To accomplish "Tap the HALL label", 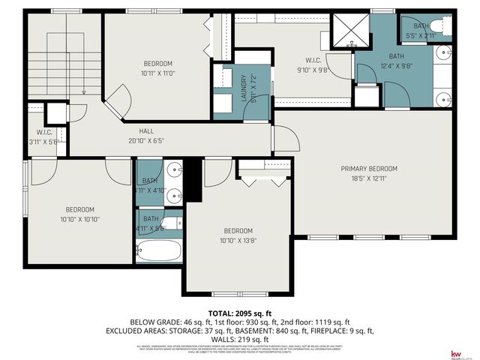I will (x=146, y=131).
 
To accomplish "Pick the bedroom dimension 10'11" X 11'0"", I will (x=158, y=73).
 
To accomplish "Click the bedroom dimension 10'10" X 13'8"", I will (x=237, y=241).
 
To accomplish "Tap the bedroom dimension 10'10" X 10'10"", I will (x=79, y=219).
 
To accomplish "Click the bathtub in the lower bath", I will (x=159, y=250).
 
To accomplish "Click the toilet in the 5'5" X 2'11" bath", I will (x=444, y=27).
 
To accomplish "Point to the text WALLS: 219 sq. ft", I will (x=239, y=338).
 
